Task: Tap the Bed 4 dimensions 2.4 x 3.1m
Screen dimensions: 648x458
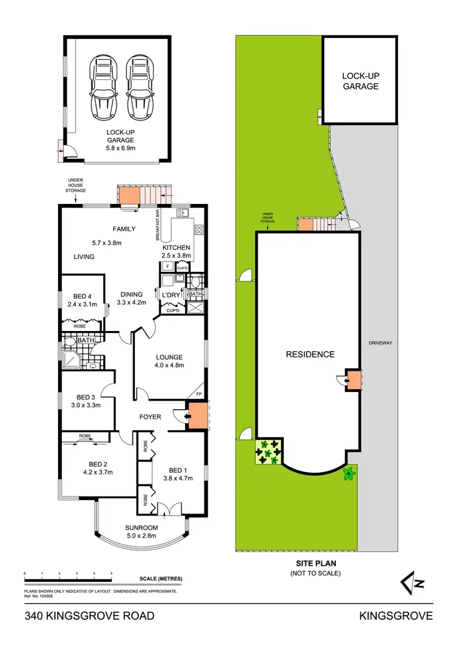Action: pos(82,304)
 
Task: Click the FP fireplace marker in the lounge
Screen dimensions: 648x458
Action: pos(199,395)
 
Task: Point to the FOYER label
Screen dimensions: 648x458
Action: pos(150,417)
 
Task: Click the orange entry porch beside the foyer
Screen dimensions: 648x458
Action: pos(197,416)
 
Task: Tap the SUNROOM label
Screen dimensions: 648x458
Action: pos(142,528)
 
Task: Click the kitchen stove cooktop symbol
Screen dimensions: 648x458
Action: pos(198,230)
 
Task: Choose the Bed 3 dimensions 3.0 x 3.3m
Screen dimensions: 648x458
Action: pos(85,404)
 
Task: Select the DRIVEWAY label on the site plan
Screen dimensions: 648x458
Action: pos(380,343)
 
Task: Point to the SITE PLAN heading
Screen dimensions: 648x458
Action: pos(315,564)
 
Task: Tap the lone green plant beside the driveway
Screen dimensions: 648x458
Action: pos(349,473)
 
